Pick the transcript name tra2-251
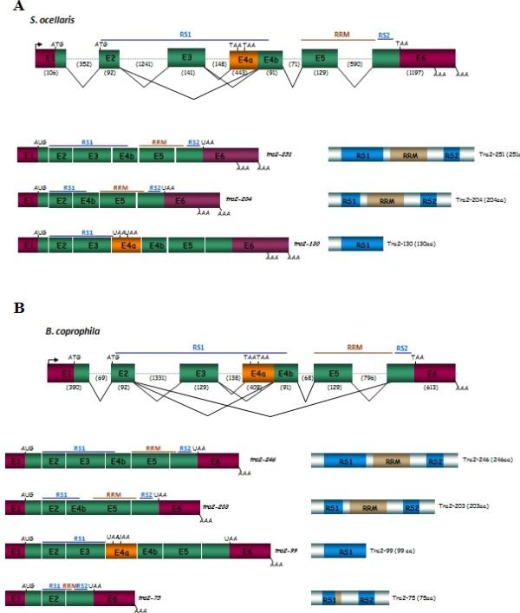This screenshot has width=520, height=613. pyautogui.click(x=279, y=153)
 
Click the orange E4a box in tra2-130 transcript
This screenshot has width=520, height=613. pyautogui.click(x=126, y=245)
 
